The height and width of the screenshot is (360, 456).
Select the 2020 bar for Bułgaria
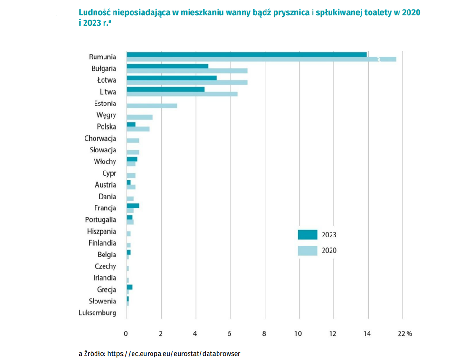(x=187, y=71)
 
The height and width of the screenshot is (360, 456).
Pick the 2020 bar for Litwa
(x=181, y=94)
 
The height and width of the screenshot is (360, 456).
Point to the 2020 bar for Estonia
(x=152, y=105)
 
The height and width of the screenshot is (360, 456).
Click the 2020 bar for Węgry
(x=139, y=117)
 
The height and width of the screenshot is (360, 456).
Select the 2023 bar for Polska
(x=131, y=124)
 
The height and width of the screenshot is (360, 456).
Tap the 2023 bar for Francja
(x=133, y=206)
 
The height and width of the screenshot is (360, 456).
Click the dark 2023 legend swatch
(x=307, y=235)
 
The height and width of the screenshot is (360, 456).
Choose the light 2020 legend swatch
(x=307, y=251)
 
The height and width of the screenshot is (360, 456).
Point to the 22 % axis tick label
(x=405, y=334)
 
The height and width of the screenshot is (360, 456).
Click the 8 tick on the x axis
(x=265, y=334)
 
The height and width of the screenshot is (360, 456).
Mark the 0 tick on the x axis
(x=126, y=334)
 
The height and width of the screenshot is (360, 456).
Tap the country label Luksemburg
(x=97, y=313)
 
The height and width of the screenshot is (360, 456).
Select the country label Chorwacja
(x=100, y=139)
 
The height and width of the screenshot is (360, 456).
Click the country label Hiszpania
(x=102, y=232)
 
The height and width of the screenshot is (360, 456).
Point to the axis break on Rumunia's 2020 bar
(x=378, y=59)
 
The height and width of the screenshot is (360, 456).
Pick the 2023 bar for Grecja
(x=129, y=287)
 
